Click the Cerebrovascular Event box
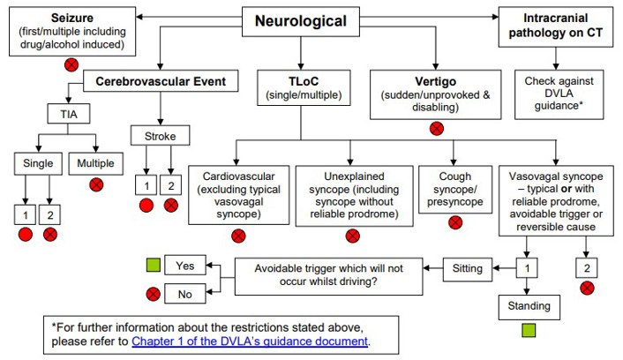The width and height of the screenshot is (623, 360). [160, 82]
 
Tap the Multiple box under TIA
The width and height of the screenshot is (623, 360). [96, 162]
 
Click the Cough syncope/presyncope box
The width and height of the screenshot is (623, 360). [454, 186]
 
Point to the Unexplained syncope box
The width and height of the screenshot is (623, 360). [353, 192]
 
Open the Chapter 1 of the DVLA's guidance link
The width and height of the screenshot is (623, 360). [250, 341]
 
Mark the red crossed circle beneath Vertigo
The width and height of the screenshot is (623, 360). [435, 128]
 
